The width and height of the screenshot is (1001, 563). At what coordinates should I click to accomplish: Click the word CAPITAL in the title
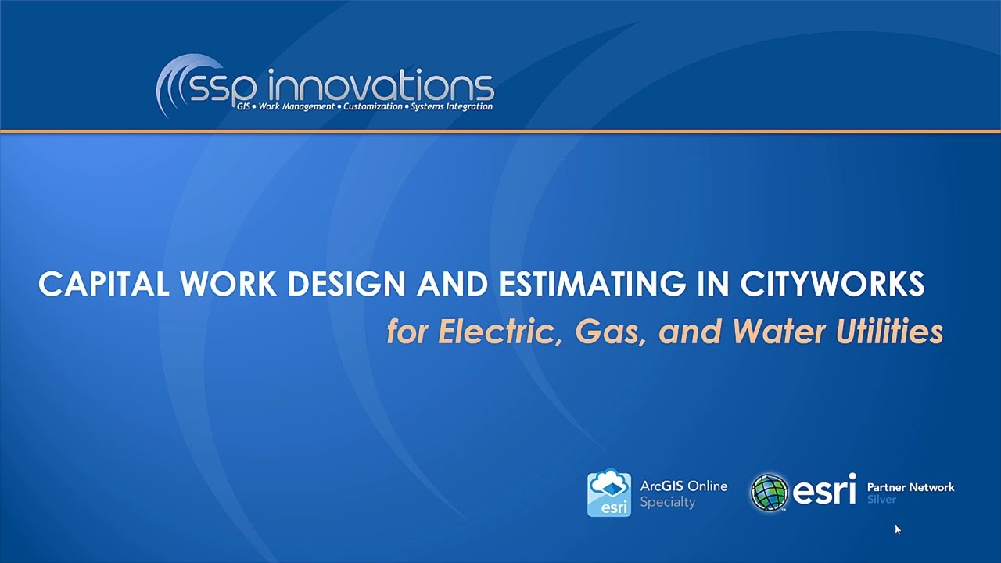coord(105,285)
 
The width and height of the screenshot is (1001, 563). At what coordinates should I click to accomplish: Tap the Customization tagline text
coord(374,106)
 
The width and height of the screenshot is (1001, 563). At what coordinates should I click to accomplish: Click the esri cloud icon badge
coord(609,493)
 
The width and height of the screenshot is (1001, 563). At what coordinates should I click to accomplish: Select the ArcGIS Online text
coord(683,486)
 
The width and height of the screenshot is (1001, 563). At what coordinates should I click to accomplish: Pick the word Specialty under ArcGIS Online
coord(667,502)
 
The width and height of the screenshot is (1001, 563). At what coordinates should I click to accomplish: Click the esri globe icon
coord(770,493)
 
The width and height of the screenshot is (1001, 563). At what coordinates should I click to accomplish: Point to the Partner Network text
coord(910,487)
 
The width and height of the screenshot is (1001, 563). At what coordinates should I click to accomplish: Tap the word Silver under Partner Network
coord(881,500)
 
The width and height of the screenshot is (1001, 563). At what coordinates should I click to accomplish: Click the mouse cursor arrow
coord(897,529)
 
